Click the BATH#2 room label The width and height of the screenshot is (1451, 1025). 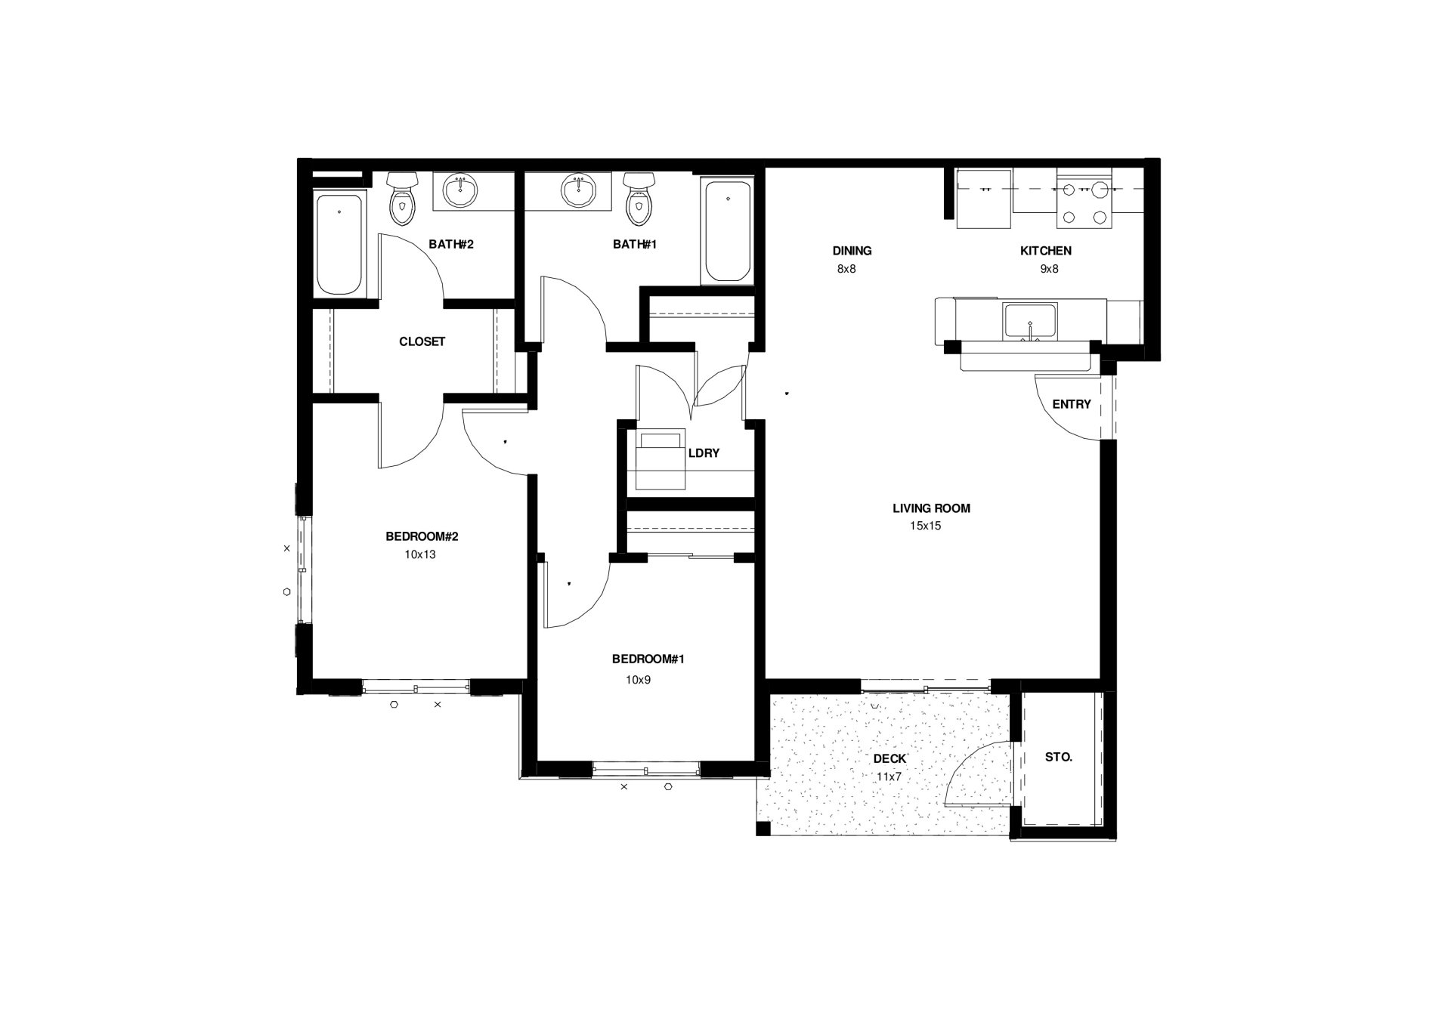[450, 244]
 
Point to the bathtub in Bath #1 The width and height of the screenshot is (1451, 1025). [727, 230]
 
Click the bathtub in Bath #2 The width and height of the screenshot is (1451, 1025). [339, 243]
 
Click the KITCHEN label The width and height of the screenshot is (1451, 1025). [1045, 251]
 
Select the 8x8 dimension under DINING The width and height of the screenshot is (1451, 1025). [846, 269]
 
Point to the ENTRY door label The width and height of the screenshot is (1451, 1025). [1071, 404]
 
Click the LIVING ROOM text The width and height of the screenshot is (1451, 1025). [931, 508]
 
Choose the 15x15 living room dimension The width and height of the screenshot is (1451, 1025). [925, 526]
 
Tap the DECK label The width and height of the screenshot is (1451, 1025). [889, 758]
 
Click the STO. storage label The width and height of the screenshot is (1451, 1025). [1058, 757]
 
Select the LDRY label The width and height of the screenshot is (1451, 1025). [704, 453]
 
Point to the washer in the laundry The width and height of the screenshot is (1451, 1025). [661, 460]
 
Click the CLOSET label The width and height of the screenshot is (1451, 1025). [422, 341]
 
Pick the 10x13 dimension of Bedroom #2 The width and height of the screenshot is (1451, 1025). [420, 554]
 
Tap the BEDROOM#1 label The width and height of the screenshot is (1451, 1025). [648, 659]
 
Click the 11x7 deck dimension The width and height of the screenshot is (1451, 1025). [889, 776]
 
